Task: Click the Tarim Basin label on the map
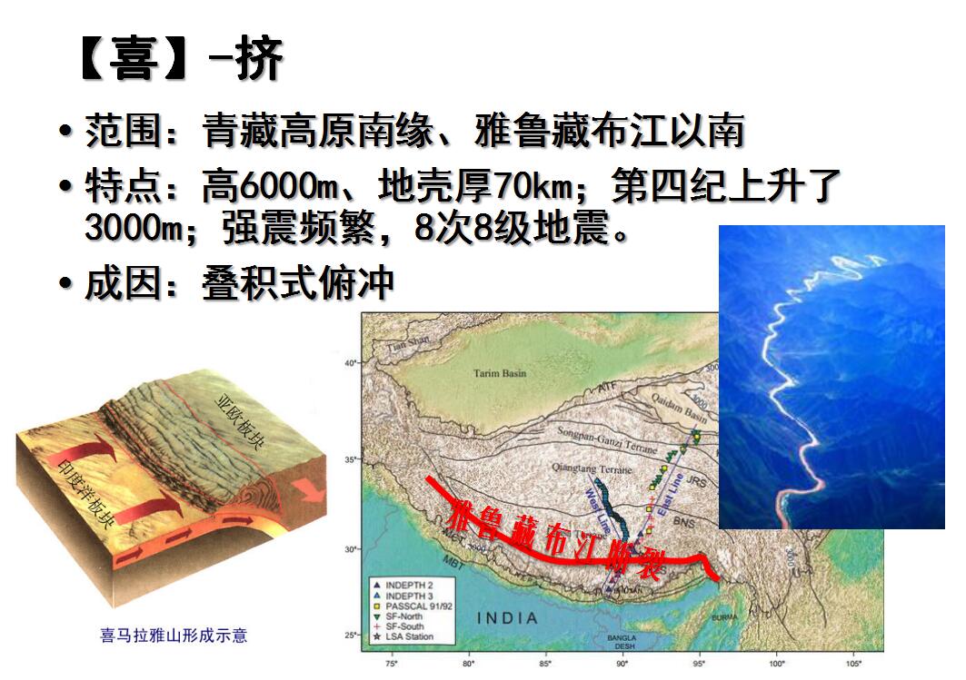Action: pos(500,373)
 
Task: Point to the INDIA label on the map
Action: pos(507,618)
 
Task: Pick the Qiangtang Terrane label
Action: pos(591,469)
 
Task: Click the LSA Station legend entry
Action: pos(408,636)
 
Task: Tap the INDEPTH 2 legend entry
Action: pos(405,583)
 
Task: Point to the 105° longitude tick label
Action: pos(852,665)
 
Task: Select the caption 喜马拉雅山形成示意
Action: pos(174,636)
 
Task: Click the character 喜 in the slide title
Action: pos(134,61)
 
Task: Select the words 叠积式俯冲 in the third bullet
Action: pos(297,283)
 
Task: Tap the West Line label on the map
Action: pos(597,508)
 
